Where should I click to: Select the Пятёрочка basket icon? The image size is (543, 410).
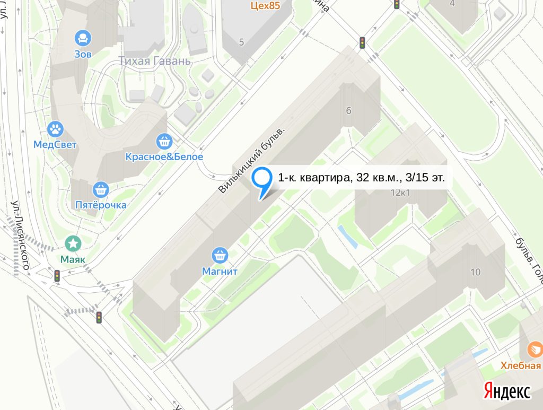pyautogui.click(x=100, y=189)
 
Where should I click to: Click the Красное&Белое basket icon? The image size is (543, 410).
pyautogui.click(x=164, y=141)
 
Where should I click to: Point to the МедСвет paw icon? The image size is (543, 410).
pyautogui.click(x=55, y=128)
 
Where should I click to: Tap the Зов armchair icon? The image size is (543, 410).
pyautogui.click(x=83, y=38)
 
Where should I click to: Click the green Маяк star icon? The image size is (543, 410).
pyautogui.click(x=73, y=244)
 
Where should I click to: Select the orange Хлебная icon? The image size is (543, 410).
pyautogui.click(x=535, y=349)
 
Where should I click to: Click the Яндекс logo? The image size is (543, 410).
pyautogui.click(x=507, y=391)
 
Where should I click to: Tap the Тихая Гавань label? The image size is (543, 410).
pyautogui.click(x=154, y=60)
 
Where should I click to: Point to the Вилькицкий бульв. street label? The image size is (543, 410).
pyautogui.click(x=256, y=159)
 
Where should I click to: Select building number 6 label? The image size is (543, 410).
pyautogui.click(x=348, y=111)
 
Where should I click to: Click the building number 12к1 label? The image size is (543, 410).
pyautogui.click(x=401, y=193)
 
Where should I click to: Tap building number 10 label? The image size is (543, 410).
pyautogui.click(x=475, y=273)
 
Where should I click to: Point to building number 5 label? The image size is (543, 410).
pyautogui.click(x=241, y=42)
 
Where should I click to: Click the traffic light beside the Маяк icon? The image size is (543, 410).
pyautogui.click(x=57, y=276)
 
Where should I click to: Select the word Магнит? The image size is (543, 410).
pyautogui.click(x=220, y=272)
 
